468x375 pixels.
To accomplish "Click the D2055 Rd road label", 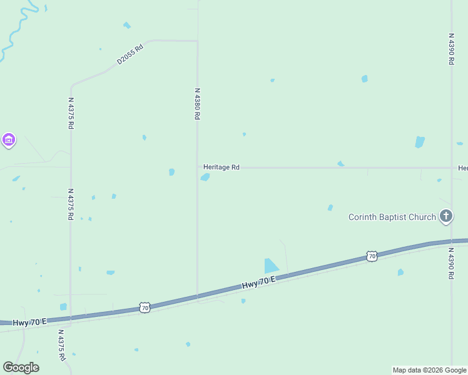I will pos(130,54).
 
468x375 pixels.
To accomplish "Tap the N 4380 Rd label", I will pos(197,104).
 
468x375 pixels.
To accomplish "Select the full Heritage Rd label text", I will pos(221,167).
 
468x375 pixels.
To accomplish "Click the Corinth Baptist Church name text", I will pos(392,217).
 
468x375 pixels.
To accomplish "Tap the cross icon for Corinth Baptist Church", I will pos(446,217).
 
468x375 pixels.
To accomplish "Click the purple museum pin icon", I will pos(9,140).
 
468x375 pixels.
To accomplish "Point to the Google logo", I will pos(21,367).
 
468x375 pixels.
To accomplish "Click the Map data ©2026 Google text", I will pos(429,370).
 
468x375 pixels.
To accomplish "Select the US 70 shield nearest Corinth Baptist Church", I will pos(372,256).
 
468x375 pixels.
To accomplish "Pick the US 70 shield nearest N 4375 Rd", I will pos(145,308).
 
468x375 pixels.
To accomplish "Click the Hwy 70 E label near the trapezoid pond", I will pos(258,284).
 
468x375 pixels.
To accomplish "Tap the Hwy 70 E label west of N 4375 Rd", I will pos(29,321).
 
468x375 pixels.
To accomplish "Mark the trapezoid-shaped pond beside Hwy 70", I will pos(270,266).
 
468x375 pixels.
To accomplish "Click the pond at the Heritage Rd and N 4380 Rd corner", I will pos(205,177).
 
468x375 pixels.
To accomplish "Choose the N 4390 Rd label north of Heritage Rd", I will pos(451,49).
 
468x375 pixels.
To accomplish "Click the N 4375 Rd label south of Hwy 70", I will pos(61,346).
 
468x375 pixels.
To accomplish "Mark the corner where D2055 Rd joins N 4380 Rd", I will pos(197,41).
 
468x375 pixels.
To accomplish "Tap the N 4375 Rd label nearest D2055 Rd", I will pos(71,113).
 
